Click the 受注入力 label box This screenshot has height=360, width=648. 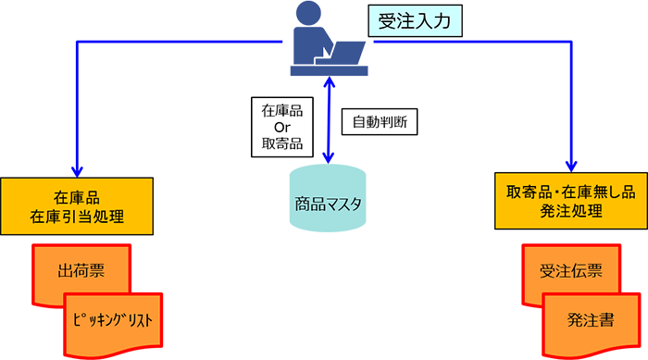click(x=415, y=21)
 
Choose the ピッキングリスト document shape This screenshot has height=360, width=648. click(x=110, y=320)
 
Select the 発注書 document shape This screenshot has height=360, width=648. click(x=590, y=320)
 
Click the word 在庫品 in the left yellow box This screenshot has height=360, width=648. click(x=77, y=196)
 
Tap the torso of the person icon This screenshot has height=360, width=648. click(x=311, y=42)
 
